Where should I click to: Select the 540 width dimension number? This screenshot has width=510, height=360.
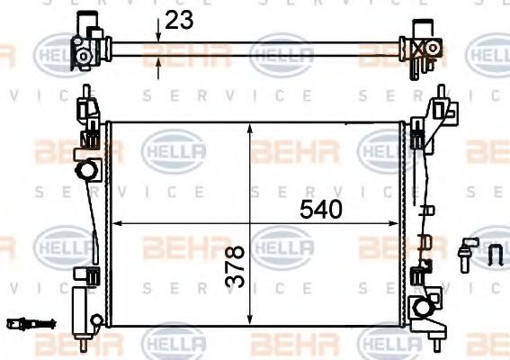click(x=321, y=210)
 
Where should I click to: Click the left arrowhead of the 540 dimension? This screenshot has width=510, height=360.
click(x=115, y=222)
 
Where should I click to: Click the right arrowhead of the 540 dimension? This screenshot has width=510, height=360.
click(x=399, y=222)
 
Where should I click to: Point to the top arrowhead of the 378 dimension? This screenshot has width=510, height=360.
click(x=251, y=127)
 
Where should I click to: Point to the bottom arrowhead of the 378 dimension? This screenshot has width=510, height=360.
click(x=251, y=321)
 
